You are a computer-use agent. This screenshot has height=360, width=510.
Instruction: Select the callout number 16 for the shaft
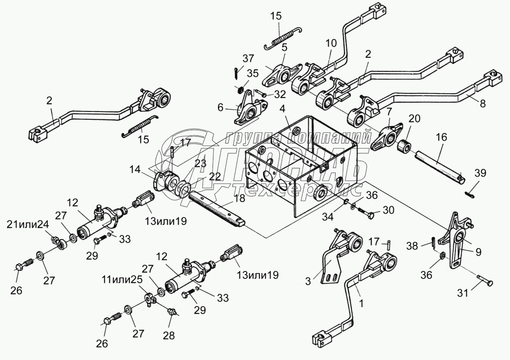(440, 137)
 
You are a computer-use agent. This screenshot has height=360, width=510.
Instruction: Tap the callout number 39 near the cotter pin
(480, 173)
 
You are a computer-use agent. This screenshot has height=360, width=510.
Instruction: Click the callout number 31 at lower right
(463, 294)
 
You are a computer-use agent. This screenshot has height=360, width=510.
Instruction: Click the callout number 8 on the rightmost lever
(483, 103)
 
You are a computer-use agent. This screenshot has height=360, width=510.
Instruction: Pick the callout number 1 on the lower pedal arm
(361, 304)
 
